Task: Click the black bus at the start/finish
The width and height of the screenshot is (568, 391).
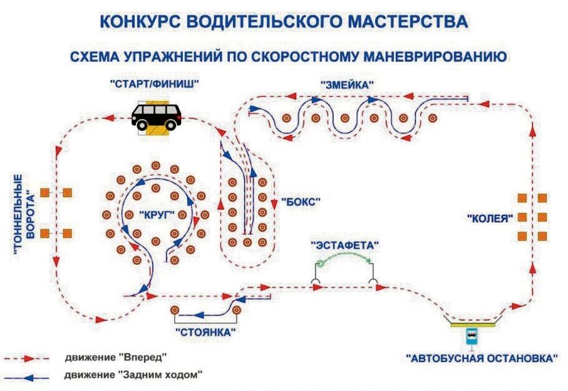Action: [157, 117]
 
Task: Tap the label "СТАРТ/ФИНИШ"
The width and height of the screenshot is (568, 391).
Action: [155, 85]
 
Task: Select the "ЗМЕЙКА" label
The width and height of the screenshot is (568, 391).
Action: [347, 85]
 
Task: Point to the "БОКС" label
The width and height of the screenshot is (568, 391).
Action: [301, 202]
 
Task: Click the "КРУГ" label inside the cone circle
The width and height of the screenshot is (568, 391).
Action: [157, 215]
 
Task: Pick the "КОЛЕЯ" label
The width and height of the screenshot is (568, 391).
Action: [490, 219]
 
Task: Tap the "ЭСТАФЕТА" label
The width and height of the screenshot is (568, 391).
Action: [345, 246]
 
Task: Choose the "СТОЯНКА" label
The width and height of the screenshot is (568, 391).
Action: [205, 332]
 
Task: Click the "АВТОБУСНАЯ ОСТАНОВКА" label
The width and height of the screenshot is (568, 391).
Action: [482, 358]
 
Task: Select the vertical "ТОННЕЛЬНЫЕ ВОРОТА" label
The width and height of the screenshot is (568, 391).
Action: [24, 214]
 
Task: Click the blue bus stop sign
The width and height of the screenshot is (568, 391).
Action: [472, 336]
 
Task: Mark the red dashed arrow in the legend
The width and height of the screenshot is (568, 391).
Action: [26, 359]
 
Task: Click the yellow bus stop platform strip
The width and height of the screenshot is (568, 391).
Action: [473, 325]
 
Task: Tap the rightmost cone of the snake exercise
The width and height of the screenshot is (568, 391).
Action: [433, 118]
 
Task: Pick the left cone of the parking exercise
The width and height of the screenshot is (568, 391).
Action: [175, 310]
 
